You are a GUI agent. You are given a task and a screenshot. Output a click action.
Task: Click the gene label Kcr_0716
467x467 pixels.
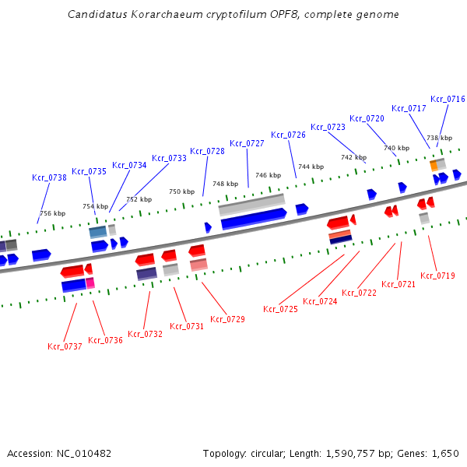pyautogui.click(x=448, y=99)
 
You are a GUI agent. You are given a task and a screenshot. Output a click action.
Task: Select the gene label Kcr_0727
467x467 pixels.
pyautogui.click(x=247, y=143)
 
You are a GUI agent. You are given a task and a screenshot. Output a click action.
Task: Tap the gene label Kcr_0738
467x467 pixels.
pyautogui.click(x=49, y=177)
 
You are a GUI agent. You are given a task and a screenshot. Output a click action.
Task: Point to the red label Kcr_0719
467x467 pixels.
pyautogui.click(x=437, y=276)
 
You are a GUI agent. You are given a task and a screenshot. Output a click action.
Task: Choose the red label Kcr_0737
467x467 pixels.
pyautogui.click(x=65, y=346)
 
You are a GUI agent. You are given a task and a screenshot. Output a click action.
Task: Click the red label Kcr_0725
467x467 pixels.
pyautogui.click(x=280, y=309)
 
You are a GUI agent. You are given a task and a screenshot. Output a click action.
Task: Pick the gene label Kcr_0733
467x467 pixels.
pyautogui.click(x=169, y=158)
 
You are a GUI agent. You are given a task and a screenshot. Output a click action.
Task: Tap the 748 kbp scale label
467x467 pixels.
pyautogui.click(x=225, y=184)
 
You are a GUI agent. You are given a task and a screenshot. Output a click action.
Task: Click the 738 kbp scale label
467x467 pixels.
pyautogui.click(x=439, y=138)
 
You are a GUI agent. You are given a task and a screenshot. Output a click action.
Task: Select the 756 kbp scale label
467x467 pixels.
pyautogui.click(x=53, y=213)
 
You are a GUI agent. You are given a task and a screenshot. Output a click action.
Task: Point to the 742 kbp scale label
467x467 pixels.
pyautogui.click(x=353, y=157)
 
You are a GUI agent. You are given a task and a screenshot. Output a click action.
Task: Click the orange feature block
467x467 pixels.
pyautogui.click(x=434, y=166)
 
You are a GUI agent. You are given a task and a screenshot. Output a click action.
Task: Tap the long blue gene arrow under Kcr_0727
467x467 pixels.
pyautogui.click(x=253, y=223)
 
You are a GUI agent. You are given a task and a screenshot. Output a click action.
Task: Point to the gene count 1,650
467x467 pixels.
pyautogui.click(x=444, y=453)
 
